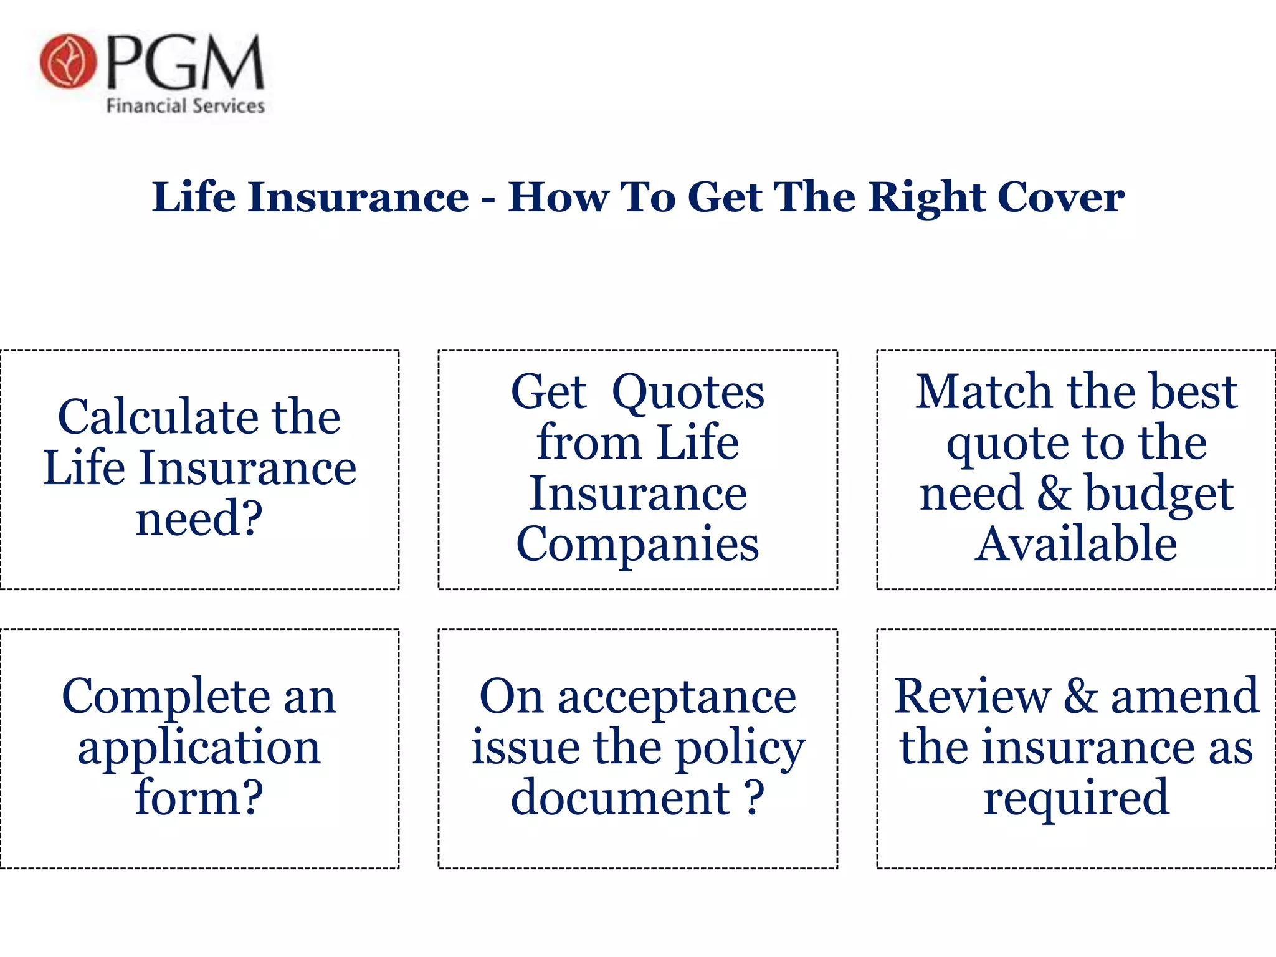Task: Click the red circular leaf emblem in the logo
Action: [x=68, y=61]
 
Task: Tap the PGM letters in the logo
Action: [x=186, y=62]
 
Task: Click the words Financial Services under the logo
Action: [x=185, y=106]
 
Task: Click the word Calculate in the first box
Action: [x=156, y=417]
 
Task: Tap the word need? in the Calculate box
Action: [x=199, y=519]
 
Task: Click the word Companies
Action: [x=637, y=545]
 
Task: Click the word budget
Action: [x=1158, y=494]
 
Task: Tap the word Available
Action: [x=1076, y=545]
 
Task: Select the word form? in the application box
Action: [x=199, y=797]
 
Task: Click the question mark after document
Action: [x=755, y=797]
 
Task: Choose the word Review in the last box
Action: [x=972, y=697]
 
